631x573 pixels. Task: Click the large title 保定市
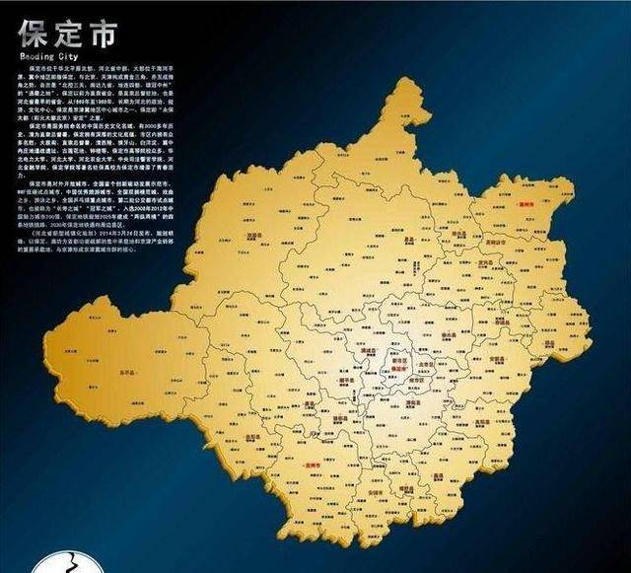[66, 35]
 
